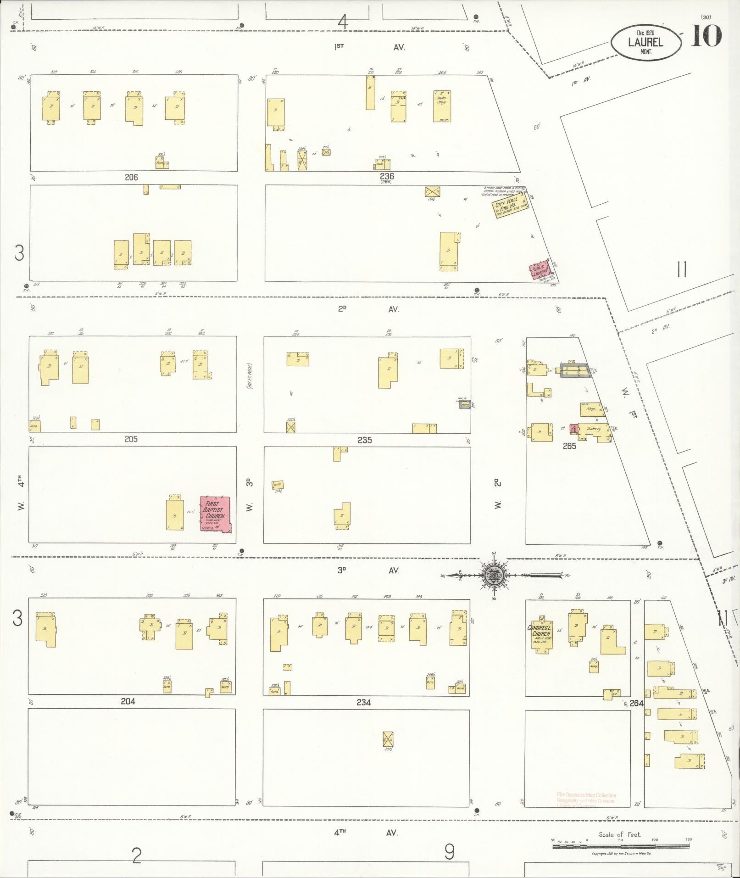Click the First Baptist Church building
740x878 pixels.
click(x=215, y=514)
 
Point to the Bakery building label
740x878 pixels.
click(x=594, y=429)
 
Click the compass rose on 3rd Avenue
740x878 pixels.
click(x=495, y=574)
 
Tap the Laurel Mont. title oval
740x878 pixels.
click(x=645, y=42)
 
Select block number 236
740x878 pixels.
click(x=386, y=176)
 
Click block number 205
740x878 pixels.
click(x=131, y=439)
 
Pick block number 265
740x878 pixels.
click(x=569, y=445)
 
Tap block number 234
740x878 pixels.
click(x=363, y=702)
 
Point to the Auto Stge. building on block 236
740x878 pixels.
click(x=442, y=106)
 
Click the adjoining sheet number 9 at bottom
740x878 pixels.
click(x=449, y=852)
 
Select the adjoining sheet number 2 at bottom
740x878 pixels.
click(x=136, y=856)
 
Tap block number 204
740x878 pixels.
click(x=128, y=701)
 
